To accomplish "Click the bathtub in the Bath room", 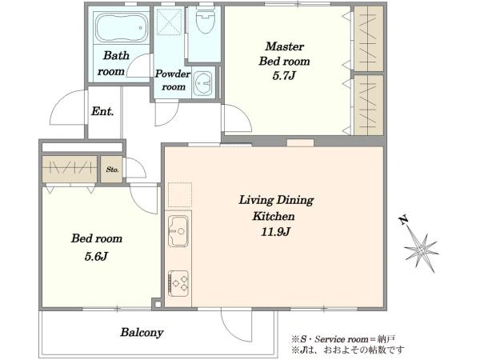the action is point(122,28).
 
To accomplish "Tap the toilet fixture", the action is point(206,19).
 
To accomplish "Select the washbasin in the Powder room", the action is point(202,83).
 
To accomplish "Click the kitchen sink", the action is point(178,231).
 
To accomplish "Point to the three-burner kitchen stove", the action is point(178,283).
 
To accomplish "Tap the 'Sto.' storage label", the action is point(112,170).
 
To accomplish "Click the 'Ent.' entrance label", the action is point(102,111).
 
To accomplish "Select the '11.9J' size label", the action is point(275,232).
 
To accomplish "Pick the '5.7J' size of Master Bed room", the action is point(284,76).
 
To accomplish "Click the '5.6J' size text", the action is point(96,257).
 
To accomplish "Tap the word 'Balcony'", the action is point(142,333).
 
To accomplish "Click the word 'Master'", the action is point(284,46).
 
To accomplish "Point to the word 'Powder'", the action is point(173,74).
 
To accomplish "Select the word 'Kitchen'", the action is point(274,217).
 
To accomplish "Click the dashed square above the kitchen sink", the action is point(180,195).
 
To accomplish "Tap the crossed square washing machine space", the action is point(170,22).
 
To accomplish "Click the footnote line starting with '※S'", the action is point(343,339).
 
